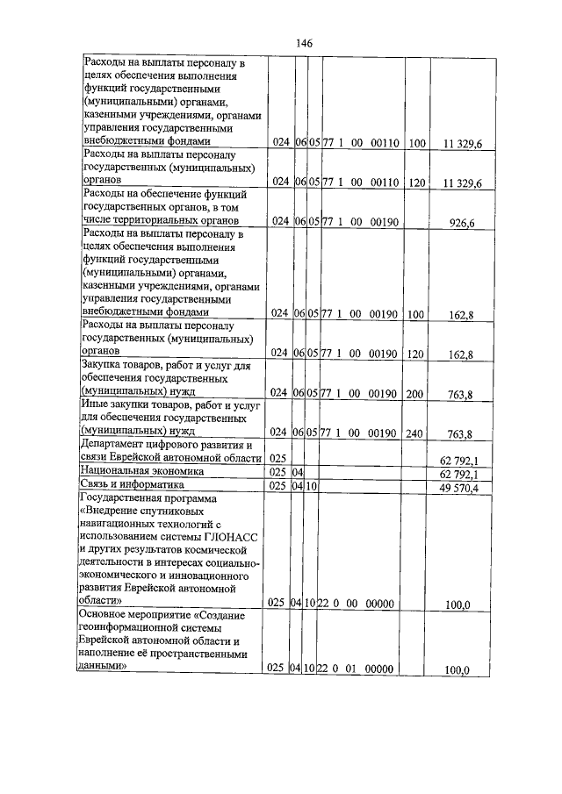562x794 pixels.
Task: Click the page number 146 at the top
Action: [x=304, y=43]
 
